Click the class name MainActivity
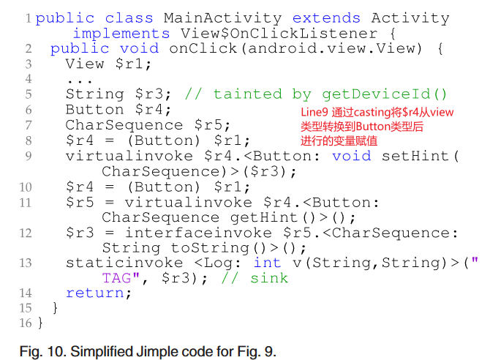(x=224, y=18)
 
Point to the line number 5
(x=28, y=94)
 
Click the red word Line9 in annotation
(x=315, y=112)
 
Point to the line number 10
(x=26, y=187)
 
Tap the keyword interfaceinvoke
(x=189, y=233)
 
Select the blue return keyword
(x=98, y=293)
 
